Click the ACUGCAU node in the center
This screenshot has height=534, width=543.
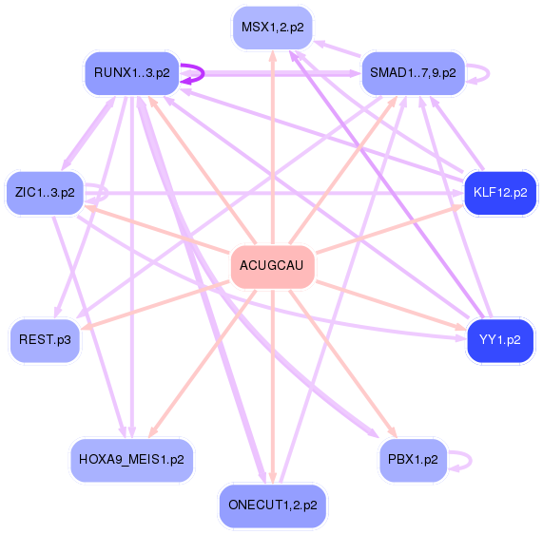pos(272,265)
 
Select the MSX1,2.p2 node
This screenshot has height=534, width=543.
pos(273,28)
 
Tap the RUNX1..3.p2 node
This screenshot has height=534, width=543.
pos(132,72)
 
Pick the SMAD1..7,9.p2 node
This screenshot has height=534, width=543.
pos(414,72)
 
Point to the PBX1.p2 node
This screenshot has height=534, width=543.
pos(413,459)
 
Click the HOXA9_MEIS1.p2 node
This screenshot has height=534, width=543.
pos(132,459)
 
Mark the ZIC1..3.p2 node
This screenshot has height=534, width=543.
pos(45,193)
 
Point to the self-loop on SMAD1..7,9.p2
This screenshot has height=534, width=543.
pos(484,72)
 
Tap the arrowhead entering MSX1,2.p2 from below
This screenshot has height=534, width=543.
pos(273,56)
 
